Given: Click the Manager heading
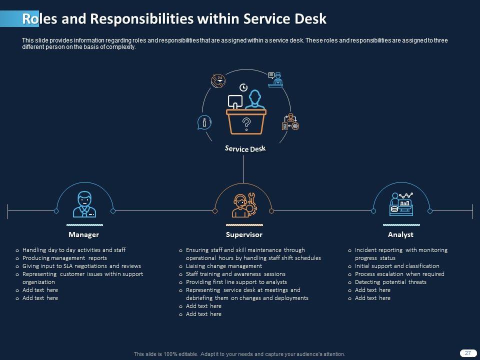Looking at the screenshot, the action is [x=83, y=234].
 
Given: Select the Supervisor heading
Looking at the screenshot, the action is [x=244, y=234].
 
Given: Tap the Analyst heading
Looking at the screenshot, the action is [x=400, y=234].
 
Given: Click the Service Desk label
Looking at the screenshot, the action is [x=245, y=149].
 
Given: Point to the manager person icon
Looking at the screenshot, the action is [x=84, y=204].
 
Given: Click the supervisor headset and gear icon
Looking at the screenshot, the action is [x=244, y=204].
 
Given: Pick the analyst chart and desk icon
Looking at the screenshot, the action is [x=401, y=203].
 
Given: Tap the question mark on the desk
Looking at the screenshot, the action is [x=246, y=123].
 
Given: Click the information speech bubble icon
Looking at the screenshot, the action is [x=204, y=122].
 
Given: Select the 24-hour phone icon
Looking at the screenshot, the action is [x=218, y=80].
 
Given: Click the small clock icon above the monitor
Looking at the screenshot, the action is [x=243, y=87].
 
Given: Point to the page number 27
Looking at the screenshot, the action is [x=468, y=353].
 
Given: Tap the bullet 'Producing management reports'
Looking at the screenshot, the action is [x=64, y=258].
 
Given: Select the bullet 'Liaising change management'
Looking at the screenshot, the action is [x=223, y=266].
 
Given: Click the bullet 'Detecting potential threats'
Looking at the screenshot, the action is [x=390, y=282].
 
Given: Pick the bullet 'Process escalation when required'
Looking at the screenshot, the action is [x=399, y=274].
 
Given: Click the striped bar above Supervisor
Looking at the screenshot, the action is [x=244, y=225].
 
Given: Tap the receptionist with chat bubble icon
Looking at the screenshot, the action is [x=275, y=79].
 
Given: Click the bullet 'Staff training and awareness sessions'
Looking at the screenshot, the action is [x=235, y=274].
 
